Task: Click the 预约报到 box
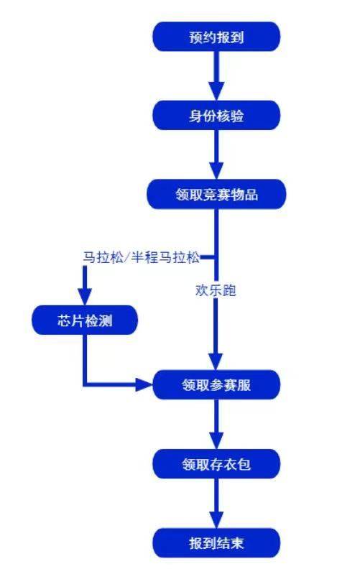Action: pos(216,37)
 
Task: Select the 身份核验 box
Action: pos(216,115)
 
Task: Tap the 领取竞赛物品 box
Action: pos(216,194)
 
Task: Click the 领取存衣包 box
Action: pos(216,464)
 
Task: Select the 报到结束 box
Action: pos(216,542)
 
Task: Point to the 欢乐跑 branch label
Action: pos(216,291)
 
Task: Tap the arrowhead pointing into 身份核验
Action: pos(216,93)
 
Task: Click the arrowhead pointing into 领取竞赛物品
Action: pos(216,172)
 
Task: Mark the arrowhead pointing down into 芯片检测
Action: pos(85,298)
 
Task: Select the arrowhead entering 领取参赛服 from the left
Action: pos(146,385)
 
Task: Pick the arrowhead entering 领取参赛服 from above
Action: pos(216,364)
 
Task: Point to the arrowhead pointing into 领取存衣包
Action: pos(216,442)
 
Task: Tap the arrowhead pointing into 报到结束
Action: pos(216,520)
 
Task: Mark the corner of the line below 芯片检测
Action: pos(85,385)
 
